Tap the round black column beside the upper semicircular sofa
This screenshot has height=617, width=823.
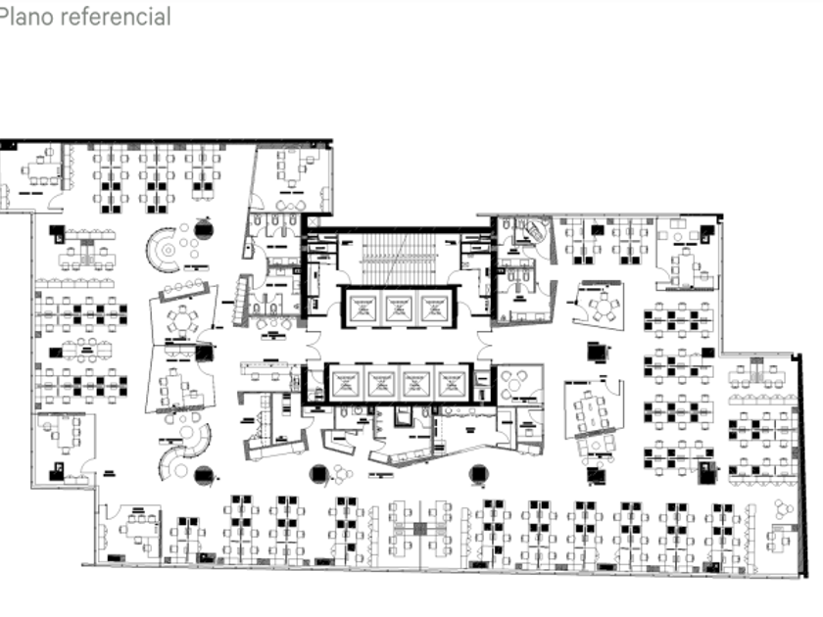click(x=204, y=230)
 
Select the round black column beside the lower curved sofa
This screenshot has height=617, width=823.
click(x=204, y=476)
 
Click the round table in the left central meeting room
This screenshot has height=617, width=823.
click(x=181, y=319)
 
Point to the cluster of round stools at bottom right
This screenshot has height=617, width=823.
click(x=783, y=509)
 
